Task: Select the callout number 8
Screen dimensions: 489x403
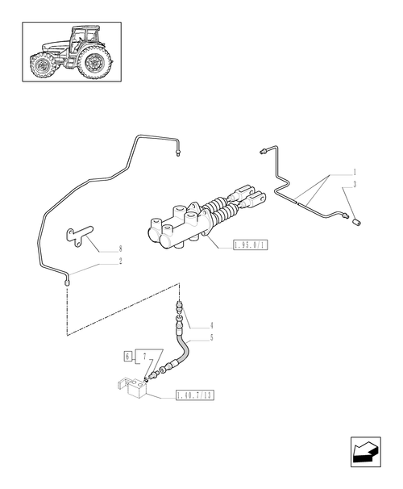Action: tap(119, 249)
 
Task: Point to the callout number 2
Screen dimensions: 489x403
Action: tap(119, 261)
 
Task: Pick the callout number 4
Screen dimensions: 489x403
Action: tap(211, 325)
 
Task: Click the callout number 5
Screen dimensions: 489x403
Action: tap(211, 337)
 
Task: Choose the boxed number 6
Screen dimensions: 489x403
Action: tap(128, 355)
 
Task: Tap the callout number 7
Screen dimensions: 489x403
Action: tap(143, 355)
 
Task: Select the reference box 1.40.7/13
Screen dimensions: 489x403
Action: tap(197, 397)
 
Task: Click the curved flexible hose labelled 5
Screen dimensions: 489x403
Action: tap(184, 349)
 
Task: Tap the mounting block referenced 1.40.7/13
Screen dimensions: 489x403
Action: tap(134, 391)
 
